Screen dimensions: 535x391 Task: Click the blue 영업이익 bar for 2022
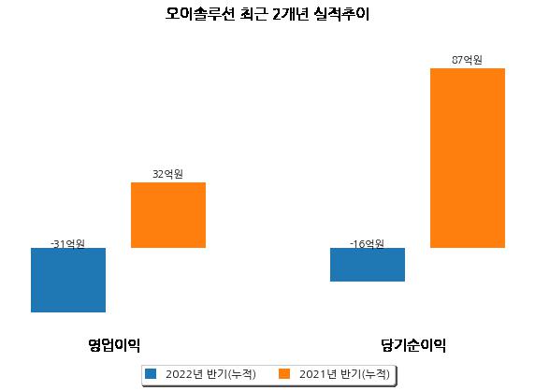pyautogui.click(x=68, y=280)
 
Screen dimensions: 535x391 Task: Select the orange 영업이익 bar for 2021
pyautogui.click(x=168, y=215)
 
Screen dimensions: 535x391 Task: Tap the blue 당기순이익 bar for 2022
pyautogui.click(x=368, y=265)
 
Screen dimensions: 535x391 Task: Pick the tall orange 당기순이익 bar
pyautogui.click(x=468, y=158)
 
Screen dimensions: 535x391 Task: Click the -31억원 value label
pyautogui.click(x=67, y=243)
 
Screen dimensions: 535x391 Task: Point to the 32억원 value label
pyautogui.click(x=167, y=174)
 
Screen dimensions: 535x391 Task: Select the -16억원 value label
pyautogui.click(x=367, y=243)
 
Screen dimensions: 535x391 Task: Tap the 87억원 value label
pyautogui.click(x=467, y=60)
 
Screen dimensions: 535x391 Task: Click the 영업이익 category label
pyautogui.click(x=114, y=345)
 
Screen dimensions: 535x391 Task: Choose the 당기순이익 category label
pyautogui.click(x=413, y=345)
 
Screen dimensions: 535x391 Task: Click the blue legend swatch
pyautogui.click(x=151, y=373)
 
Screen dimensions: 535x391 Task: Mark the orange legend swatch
pyautogui.click(x=284, y=373)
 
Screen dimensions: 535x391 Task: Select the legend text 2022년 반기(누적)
pyautogui.click(x=210, y=374)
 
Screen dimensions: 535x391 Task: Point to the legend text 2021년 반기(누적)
pyautogui.click(x=344, y=374)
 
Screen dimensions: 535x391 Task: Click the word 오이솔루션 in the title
pyautogui.click(x=200, y=14)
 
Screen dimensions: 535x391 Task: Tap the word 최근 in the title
pyautogui.click(x=253, y=14)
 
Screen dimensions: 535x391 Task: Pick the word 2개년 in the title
pyautogui.click(x=290, y=14)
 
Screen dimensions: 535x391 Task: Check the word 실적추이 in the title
pyautogui.click(x=341, y=14)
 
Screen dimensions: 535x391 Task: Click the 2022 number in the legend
pyautogui.click(x=179, y=374)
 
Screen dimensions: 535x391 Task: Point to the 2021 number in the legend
pyautogui.click(x=312, y=374)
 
